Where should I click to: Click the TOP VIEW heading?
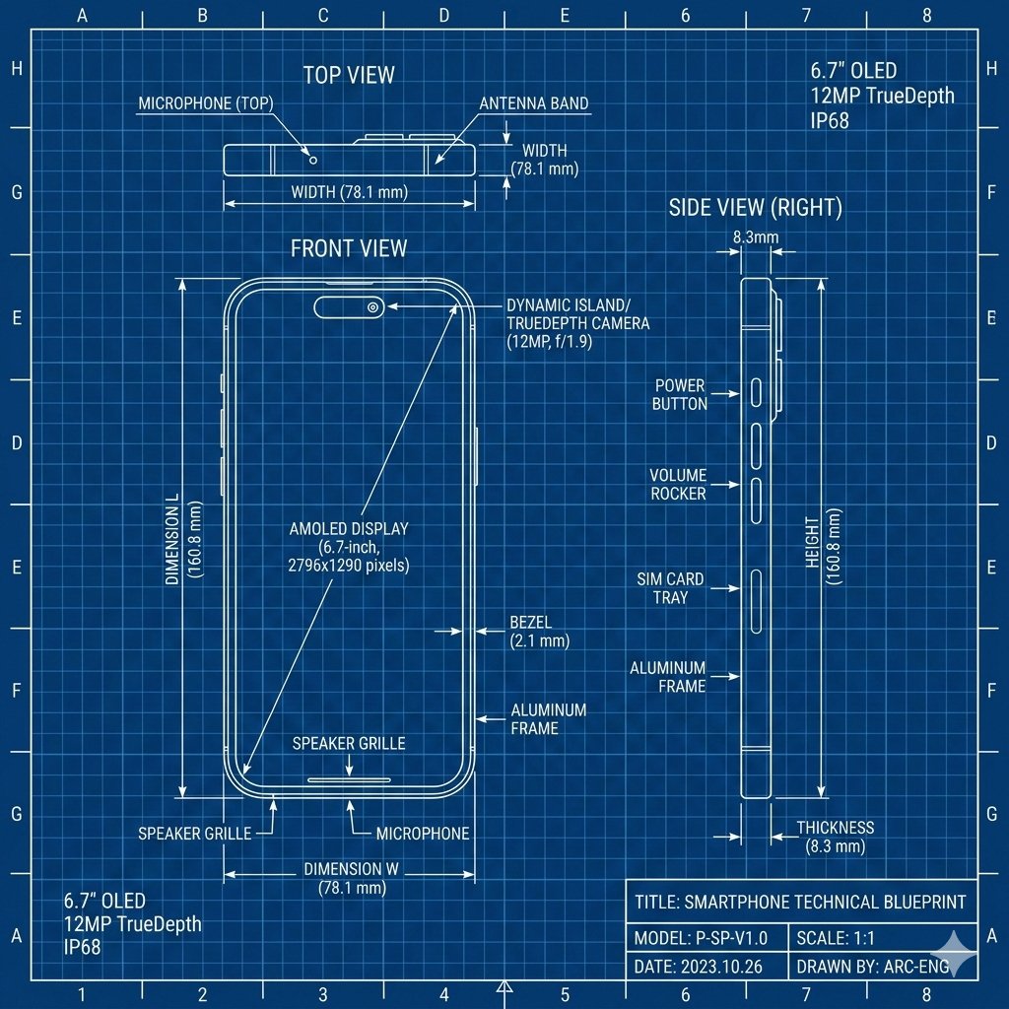point(349,75)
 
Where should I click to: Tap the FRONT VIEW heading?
point(349,247)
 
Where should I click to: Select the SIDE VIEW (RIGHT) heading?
point(755,207)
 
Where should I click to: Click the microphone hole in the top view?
point(313,159)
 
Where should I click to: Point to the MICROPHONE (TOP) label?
point(206,103)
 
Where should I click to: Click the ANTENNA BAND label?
point(534,103)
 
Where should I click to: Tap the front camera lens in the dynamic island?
point(372,307)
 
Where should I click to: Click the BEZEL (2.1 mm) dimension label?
point(538,632)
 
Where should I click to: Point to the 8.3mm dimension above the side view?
point(756,237)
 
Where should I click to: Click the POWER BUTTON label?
point(680,394)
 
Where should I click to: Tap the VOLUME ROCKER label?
point(678,484)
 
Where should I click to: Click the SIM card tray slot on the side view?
point(756,600)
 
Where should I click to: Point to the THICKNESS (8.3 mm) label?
point(835,837)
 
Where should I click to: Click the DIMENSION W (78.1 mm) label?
point(351,878)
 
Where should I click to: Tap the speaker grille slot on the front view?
point(350,779)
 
